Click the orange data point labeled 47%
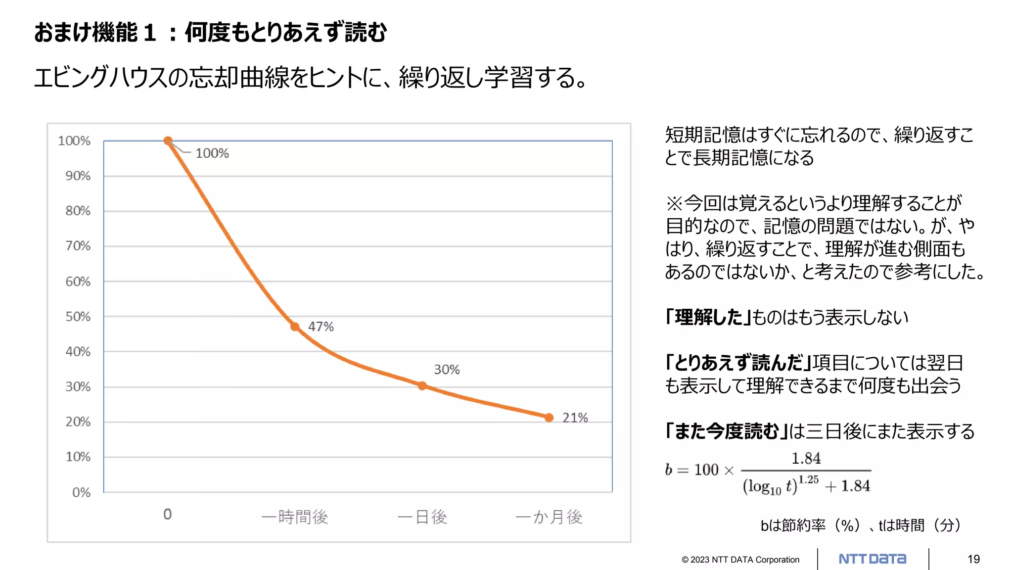pyautogui.click(x=295, y=327)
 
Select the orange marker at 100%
pyautogui.click(x=168, y=141)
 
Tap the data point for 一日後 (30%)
pyautogui.click(x=422, y=385)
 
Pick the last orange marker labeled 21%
pyautogui.click(x=549, y=418)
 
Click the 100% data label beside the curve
pyautogui.click(x=212, y=153)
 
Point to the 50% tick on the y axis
pyautogui.click(x=78, y=317)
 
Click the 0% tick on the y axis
pyautogui.click(x=81, y=492)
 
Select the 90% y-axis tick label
pyautogui.click(x=78, y=176)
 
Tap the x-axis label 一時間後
pyautogui.click(x=295, y=517)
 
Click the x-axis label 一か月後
pyautogui.click(x=549, y=517)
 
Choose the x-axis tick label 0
pyautogui.click(x=168, y=515)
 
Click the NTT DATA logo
pyautogui.click(x=873, y=559)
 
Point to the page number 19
pyautogui.click(x=973, y=559)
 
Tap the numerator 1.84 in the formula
pyautogui.click(x=806, y=458)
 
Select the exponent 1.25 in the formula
pyautogui.click(x=808, y=479)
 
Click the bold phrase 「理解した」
pyautogui.click(x=708, y=317)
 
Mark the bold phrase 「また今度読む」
pyautogui.click(x=726, y=431)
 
